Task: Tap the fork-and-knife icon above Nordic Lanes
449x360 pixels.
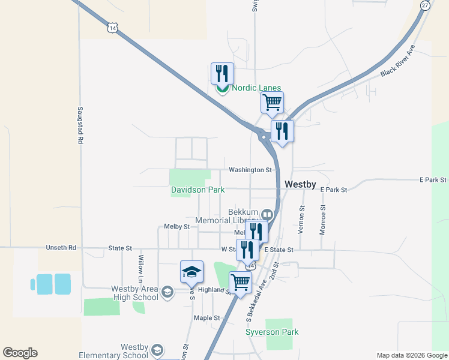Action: coord(222,74)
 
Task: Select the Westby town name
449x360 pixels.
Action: coord(300,184)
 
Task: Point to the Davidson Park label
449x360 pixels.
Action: coord(197,190)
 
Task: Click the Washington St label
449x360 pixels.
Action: coord(251,170)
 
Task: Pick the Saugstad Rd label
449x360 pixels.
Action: coord(79,125)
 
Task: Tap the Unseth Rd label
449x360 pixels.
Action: coord(61,247)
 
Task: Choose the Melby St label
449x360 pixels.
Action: coord(176,227)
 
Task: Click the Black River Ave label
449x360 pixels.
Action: coord(397,62)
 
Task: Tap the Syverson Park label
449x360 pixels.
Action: coord(272,332)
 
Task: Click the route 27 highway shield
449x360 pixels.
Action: coord(425,5)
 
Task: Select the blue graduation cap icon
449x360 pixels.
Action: coord(192,272)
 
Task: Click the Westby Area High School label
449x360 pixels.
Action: coord(134,293)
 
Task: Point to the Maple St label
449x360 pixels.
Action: coord(203,317)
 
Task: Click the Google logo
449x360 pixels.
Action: coord(20,353)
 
